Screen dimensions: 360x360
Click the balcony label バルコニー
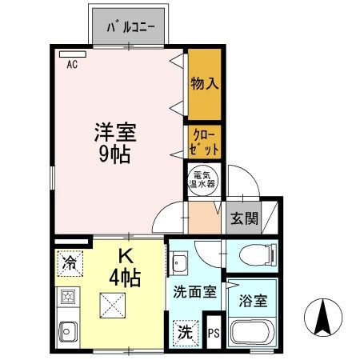click(138, 30)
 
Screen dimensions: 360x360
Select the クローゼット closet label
click(204, 142)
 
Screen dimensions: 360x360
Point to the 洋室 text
click(114, 130)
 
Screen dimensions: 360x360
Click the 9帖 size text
click(114, 154)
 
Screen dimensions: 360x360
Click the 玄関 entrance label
click(245, 218)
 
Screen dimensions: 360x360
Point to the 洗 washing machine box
click(186, 330)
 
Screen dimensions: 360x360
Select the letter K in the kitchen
click(126, 258)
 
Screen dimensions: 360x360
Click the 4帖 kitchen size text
click(126, 278)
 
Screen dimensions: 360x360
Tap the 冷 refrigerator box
click(70, 261)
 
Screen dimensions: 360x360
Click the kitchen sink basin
click(67, 329)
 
